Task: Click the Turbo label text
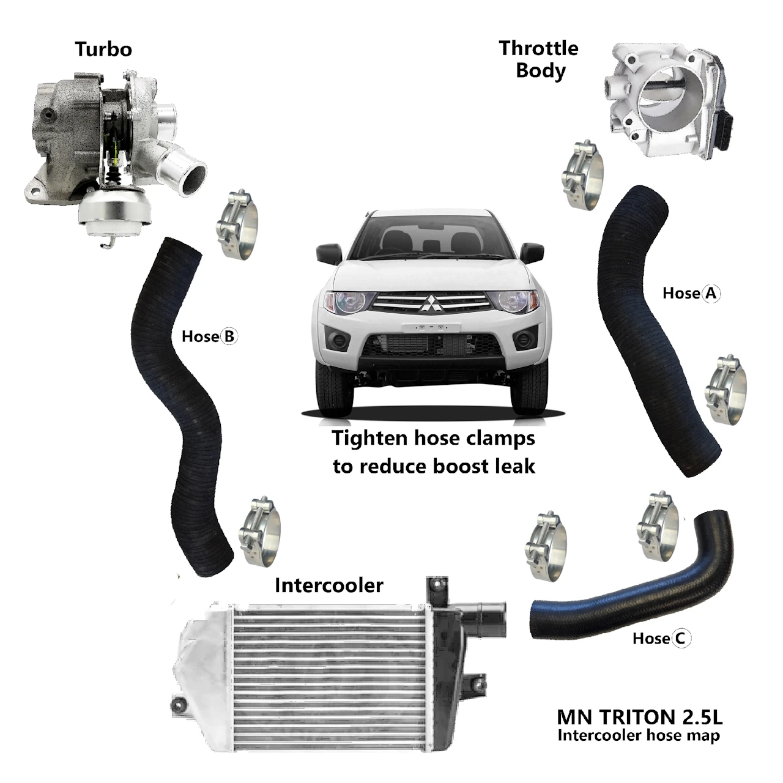point(103,49)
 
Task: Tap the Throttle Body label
point(538,59)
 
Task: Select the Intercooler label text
point(328,585)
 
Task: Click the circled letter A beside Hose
point(711,293)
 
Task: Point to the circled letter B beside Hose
point(229,336)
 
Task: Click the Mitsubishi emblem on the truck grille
point(431,303)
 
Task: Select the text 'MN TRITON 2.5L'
point(640,718)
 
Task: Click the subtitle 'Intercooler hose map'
point(639,735)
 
